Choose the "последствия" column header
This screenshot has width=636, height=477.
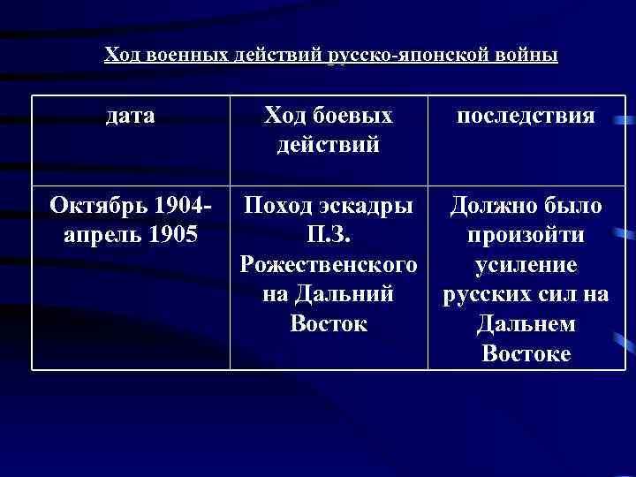pos(526,115)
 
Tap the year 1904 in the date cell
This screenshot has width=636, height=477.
pos(178,207)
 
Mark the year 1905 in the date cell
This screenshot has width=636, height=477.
pos(173,236)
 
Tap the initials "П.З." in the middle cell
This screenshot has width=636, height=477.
pos(328,236)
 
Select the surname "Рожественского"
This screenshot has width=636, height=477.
pos(328,266)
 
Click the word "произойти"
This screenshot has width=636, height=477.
pos(526,236)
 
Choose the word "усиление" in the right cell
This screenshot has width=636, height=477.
pos(526,266)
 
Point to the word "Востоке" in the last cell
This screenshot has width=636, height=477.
pos(526,353)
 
